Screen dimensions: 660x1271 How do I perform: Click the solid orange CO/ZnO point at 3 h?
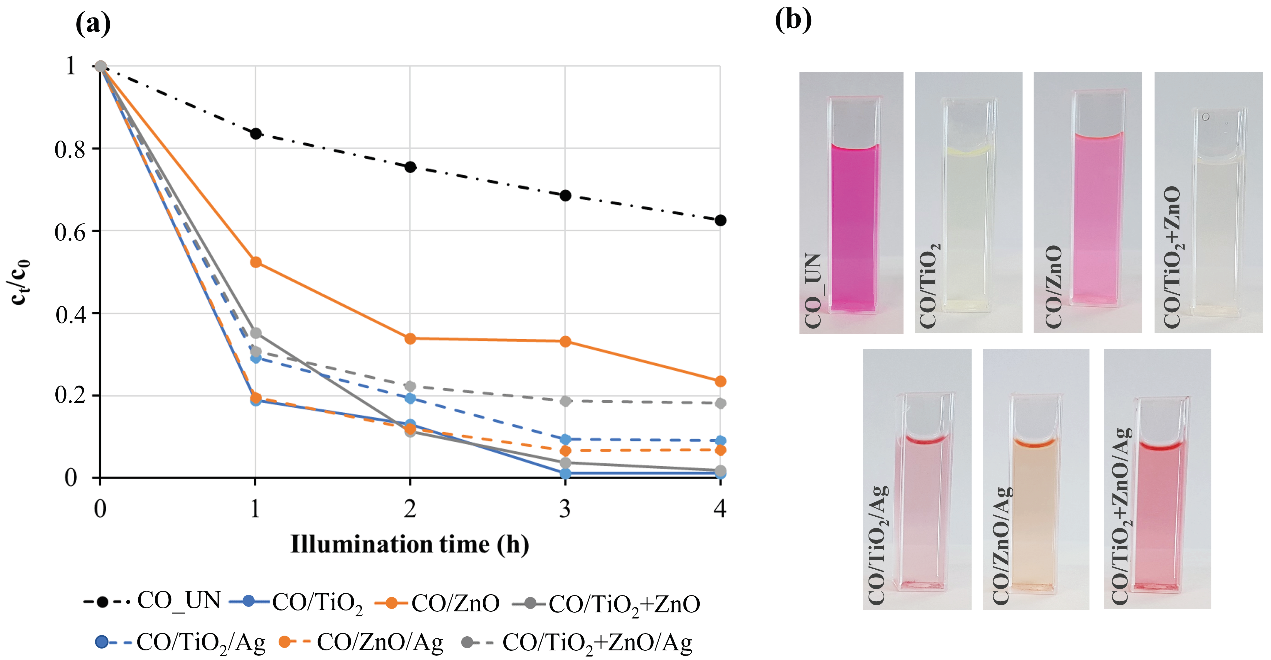[565, 342]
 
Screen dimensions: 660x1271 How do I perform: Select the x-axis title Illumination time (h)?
[409, 544]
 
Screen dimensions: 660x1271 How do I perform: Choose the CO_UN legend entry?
[153, 601]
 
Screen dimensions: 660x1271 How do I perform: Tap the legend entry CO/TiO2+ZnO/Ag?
[577, 642]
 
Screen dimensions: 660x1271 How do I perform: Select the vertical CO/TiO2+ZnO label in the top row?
[1172, 257]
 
